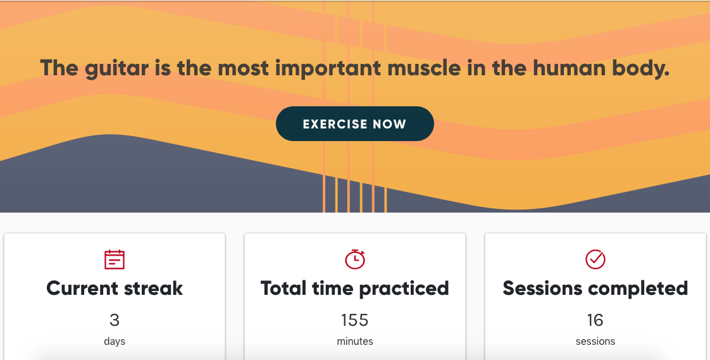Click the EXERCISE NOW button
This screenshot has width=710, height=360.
point(354,124)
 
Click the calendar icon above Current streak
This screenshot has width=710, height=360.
point(115,259)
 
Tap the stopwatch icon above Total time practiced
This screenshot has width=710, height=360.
point(355,258)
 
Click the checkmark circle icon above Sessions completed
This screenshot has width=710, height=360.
point(595,258)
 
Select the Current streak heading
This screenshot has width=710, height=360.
point(115,289)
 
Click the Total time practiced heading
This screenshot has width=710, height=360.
point(355,289)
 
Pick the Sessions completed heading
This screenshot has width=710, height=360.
point(595,289)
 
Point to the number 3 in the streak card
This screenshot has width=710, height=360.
point(115,320)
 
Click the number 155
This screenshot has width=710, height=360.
point(355,320)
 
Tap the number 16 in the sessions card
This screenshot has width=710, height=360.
point(595,320)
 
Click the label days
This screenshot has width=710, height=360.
point(115,342)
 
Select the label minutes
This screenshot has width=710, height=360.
point(355,342)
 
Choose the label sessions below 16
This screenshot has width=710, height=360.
point(595,342)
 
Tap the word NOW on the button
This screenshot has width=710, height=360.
point(389,124)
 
